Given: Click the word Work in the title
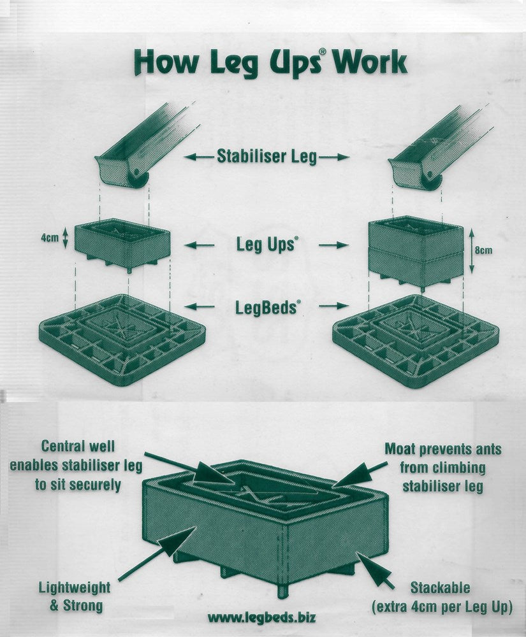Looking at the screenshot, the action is point(370,63).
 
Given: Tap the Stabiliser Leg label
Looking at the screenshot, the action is point(267,157).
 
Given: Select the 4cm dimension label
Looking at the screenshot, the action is point(50,238).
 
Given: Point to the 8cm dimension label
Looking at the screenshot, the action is point(483,250).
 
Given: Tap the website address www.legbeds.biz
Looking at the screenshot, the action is point(262,618).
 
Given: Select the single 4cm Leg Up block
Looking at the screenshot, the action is point(123,245).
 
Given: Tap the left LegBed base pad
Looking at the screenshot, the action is point(122,340).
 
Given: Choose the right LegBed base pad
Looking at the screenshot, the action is point(416,341).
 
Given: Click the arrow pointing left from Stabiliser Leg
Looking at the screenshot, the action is point(199,157).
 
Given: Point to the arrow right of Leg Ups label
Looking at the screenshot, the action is point(333,245).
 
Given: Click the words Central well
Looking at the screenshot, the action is point(78,446).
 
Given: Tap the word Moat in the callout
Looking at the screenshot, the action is point(400,449).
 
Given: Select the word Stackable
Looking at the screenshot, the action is point(440,587).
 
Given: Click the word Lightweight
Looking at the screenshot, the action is point(75,587).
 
